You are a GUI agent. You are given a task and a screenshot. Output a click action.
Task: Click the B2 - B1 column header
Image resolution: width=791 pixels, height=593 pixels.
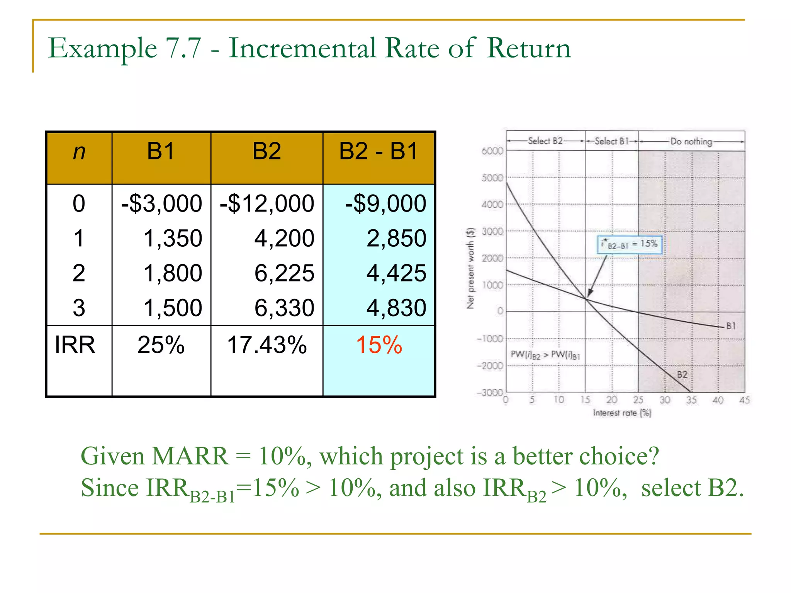(x=379, y=151)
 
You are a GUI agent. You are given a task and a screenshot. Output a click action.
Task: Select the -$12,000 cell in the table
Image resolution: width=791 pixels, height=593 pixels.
(x=267, y=204)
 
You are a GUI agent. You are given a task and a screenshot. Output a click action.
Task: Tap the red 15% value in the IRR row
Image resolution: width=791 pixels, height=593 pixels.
(x=379, y=345)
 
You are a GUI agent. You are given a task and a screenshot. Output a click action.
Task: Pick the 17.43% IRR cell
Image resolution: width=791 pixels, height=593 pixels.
(x=267, y=345)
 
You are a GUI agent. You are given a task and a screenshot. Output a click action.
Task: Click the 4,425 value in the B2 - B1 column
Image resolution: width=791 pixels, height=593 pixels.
(x=396, y=273)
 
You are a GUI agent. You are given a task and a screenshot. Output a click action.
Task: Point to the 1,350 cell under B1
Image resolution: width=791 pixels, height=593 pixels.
(x=173, y=239)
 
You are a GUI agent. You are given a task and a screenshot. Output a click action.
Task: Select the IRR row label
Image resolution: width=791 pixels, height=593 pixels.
(x=75, y=345)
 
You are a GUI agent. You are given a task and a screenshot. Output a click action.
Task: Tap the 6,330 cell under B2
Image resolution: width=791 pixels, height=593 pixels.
(x=284, y=308)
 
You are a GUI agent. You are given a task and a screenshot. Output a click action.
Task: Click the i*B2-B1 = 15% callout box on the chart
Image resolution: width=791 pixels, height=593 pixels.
(x=630, y=245)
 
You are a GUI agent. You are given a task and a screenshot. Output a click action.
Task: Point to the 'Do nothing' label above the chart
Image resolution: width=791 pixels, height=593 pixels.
(x=691, y=142)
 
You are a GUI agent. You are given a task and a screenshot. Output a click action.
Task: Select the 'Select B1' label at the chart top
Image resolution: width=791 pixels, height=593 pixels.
(x=611, y=141)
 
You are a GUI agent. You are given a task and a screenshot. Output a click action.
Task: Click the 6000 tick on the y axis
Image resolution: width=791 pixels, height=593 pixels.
(x=492, y=151)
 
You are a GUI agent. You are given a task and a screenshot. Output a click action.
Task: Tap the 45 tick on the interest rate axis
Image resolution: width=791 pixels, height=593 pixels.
(x=744, y=400)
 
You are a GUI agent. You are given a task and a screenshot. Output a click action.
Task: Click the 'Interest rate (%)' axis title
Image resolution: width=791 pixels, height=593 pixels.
(x=622, y=413)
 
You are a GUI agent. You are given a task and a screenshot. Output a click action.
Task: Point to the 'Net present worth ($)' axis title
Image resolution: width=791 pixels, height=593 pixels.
(x=470, y=269)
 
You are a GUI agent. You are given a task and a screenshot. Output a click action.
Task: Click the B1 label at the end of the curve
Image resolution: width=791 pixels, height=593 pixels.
(x=731, y=326)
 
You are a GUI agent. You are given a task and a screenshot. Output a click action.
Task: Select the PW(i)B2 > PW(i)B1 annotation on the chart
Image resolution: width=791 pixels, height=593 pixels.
(x=545, y=355)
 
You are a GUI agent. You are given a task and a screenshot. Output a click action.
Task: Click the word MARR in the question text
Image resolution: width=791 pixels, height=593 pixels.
(x=190, y=457)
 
